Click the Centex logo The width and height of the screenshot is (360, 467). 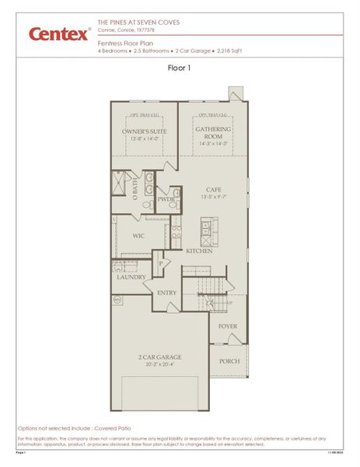[58, 33]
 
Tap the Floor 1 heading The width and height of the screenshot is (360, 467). [180, 68]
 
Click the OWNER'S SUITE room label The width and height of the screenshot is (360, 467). [145, 132]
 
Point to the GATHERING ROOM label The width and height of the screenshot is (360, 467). [213, 132]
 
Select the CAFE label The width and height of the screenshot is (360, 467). [214, 189]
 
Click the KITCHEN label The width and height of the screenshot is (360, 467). [200, 251]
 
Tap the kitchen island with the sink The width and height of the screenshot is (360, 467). [209, 231]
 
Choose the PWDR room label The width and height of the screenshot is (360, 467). [166, 199]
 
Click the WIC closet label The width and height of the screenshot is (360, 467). [138, 235]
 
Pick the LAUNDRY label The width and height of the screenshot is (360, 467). [131, 276]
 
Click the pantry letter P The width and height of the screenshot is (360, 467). [162, 263]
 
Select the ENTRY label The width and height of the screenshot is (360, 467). [166, 293]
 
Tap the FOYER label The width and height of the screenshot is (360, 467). [227, 326]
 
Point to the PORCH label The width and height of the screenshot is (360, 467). [229, 360]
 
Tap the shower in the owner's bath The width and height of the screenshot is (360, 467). [121, 184]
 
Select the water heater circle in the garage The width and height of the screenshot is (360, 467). [118, 299]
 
